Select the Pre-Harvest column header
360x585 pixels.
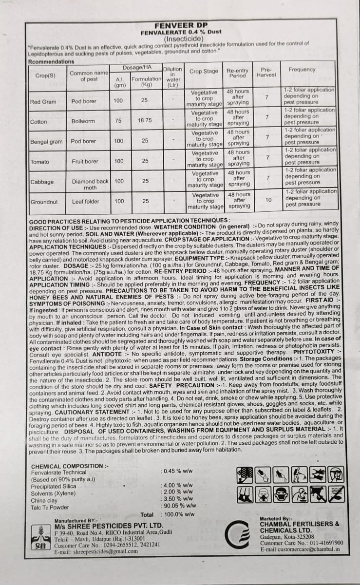[266, 72]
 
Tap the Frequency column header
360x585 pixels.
[302, 70]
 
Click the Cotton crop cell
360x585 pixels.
[38, 122]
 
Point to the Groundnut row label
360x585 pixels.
[44, 202]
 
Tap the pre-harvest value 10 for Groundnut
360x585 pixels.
[268, 200]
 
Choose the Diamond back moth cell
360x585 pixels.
[90, 184]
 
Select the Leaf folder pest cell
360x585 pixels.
[85, 201]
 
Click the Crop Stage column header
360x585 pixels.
[204, 72]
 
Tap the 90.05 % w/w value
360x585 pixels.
[177, 506]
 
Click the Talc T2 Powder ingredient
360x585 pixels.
[50, 508]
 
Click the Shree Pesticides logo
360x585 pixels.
[41, 538]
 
